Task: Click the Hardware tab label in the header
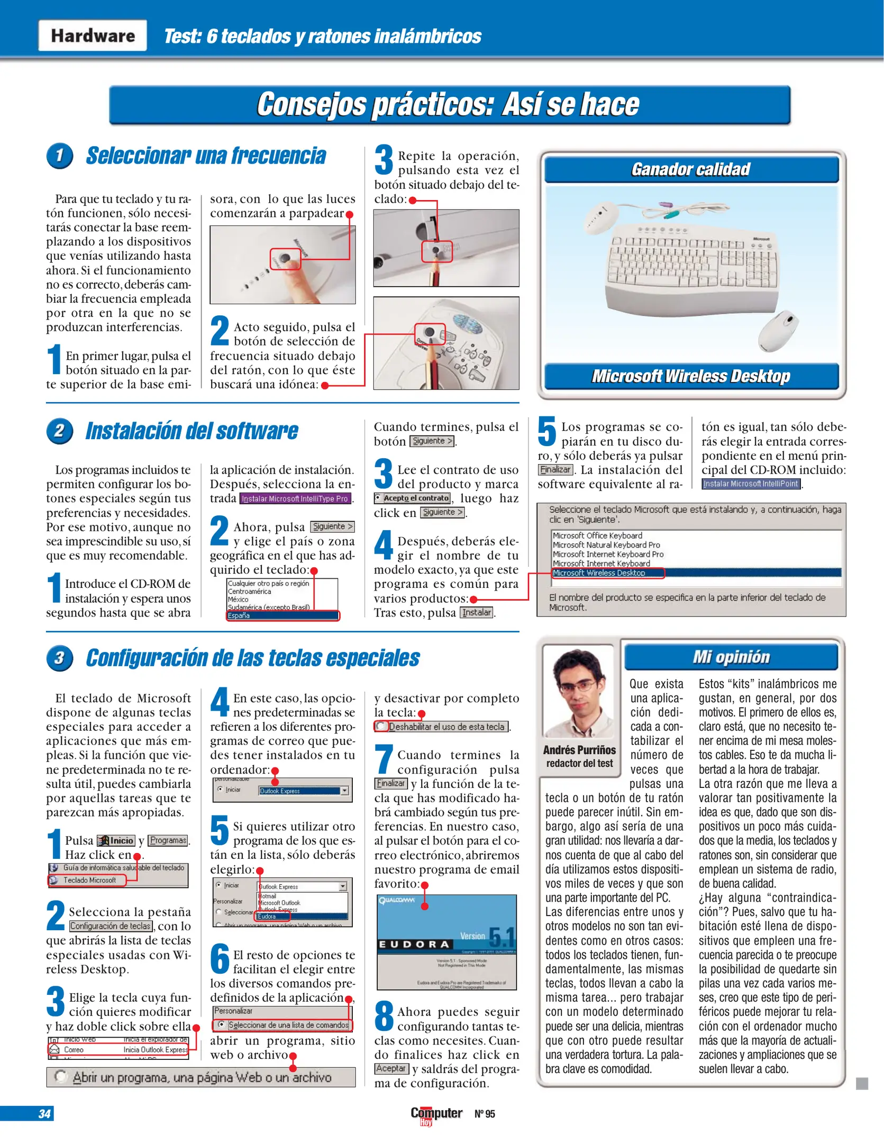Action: click(93, 35)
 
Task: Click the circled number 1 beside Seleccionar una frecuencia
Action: click(59, 156)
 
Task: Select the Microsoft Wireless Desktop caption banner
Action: click(691, 376)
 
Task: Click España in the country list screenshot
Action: click(282, 615)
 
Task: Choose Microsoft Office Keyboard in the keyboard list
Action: click(598, 536)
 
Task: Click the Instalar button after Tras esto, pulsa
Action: click(477, 612)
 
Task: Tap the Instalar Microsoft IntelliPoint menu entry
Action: click(751, 484)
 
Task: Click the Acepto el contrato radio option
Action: click(413, 498)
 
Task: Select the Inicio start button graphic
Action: click(116, 840)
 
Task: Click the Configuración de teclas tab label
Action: click(111, 926)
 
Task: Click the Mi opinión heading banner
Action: click(731, 657)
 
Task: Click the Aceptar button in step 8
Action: click(391, 1068)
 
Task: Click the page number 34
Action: click(44, 1113)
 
